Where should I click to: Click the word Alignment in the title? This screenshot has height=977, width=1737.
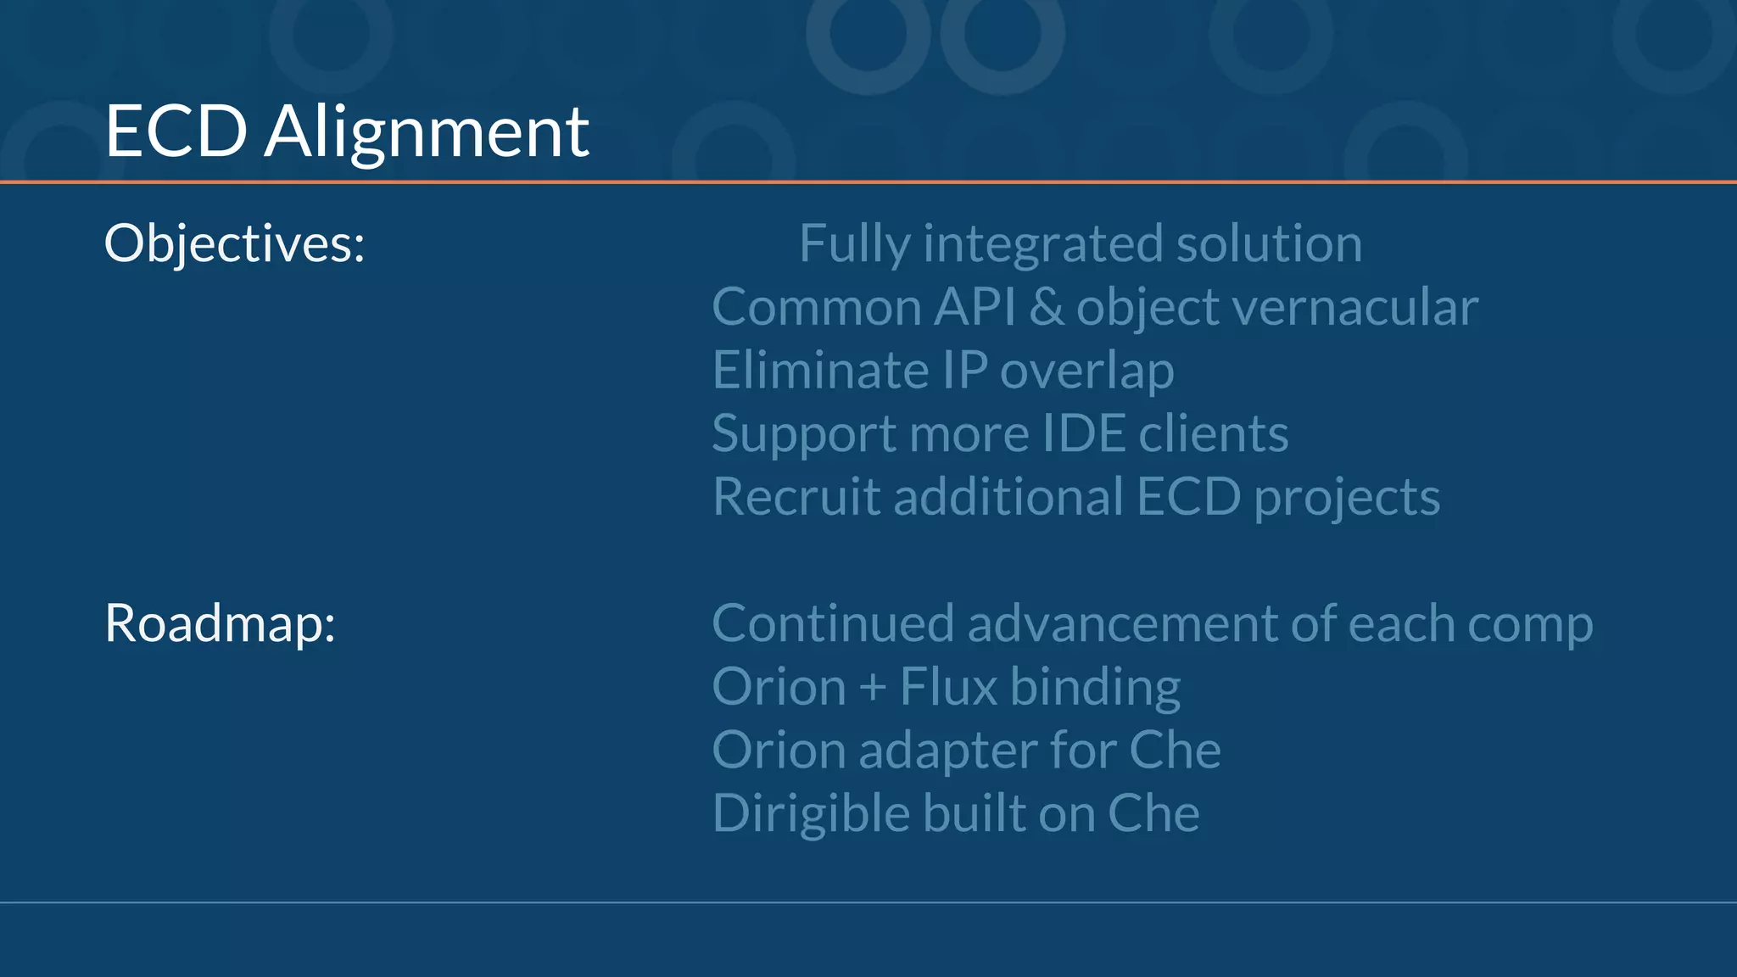click(427, 132)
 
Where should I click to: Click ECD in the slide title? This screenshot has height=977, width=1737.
click(176, 132)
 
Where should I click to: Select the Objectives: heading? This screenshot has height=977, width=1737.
click(234, 244)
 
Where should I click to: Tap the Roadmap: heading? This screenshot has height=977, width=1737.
click(220, 623)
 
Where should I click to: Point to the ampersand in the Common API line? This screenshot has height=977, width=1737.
click(1047, 307)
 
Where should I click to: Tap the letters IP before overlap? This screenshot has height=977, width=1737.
click(965, 371)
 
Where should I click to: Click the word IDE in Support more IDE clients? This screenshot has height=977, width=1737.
click(1083, 434)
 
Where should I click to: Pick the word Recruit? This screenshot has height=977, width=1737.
click(796, 497)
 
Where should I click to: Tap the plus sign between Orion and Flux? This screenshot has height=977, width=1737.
click(872, 687)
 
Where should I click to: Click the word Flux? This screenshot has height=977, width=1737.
click(948, 687)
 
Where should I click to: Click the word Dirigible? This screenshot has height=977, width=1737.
click(811, 813)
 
